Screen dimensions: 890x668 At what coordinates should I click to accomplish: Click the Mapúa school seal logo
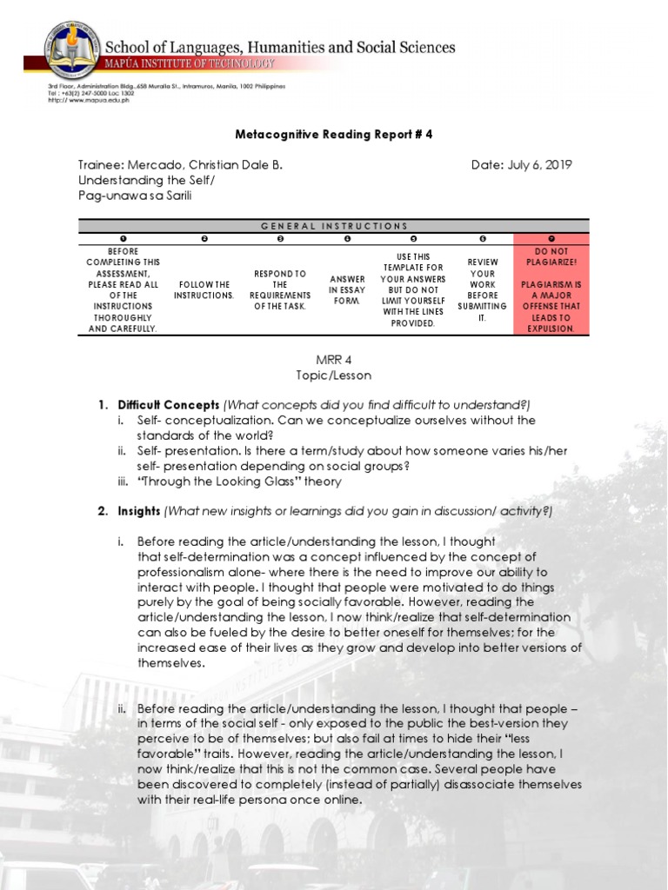[73, 49]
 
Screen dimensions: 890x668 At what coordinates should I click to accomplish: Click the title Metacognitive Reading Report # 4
[334, 135]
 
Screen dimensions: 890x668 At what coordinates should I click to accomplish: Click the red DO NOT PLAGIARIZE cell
[551, 289]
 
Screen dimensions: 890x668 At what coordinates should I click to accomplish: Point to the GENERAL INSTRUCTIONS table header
[334, 226]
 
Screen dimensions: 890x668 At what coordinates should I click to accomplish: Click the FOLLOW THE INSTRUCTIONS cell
[204, 289]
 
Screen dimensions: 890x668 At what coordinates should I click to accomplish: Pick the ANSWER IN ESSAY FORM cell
[346, 289]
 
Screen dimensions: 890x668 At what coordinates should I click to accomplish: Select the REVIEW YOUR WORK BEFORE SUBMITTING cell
[482, 289]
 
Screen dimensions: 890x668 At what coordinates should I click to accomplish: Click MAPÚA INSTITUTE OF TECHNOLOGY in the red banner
[191, 64]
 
